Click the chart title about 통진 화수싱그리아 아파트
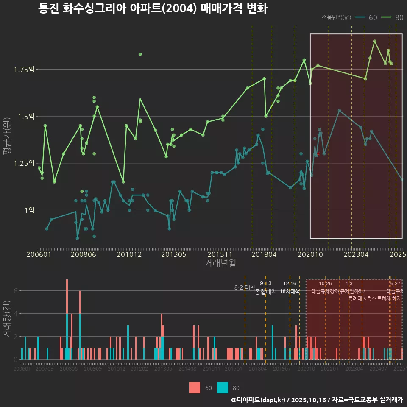pyautogui.click(x=153, y=8)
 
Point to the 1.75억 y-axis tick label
pyautogui.click(x=25, y=70)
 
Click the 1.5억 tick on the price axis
pyautogui.click(x=26, y=116)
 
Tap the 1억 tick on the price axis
pyautogui.click(x=29, y=210)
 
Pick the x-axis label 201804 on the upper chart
pyautogui.click(x=264, y=254)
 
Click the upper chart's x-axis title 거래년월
pyautogui.click(x=220, y=263)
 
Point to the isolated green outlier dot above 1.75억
pyautogui.click(x=140, y=54)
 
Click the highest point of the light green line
pyautogui.click(x=374, y=41)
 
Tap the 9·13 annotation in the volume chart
pyautogui.click(x=265, y=283)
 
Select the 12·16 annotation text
pyautogui.click(x=290, y=283)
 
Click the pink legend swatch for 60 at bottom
pyautogui.click(x=195, y=387)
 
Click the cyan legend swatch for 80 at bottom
pyautogui.click(x=222, y=387)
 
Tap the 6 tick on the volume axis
pyautogui.click(x=16, y=291)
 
